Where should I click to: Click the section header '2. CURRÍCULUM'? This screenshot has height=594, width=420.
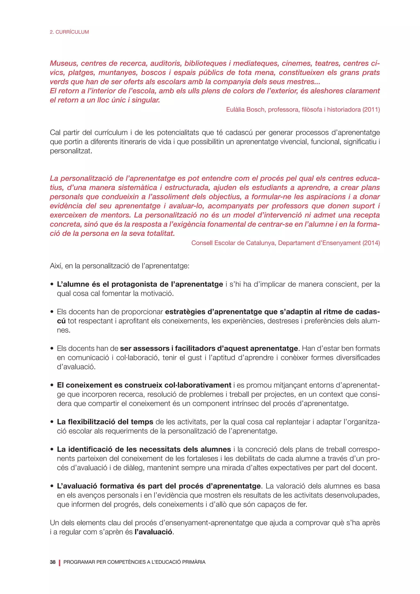(x=69, y=32)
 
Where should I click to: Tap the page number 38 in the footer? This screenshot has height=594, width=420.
(x=52, y=562)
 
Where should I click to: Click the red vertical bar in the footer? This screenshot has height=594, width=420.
(x=59, y=562)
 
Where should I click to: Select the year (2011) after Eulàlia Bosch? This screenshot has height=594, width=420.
(x=371, y=110)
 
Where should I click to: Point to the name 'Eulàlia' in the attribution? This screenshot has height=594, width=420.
(x=235, y=110)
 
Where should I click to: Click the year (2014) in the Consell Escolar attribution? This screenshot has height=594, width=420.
(x=371, y=243)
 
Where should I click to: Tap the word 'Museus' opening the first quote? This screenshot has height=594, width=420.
(x=64, y=63)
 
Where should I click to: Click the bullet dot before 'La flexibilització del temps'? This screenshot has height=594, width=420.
(x=52, y=422)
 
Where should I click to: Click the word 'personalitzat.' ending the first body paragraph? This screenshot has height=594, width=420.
(x=71, y=151)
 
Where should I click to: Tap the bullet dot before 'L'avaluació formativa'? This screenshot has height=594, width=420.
(x=52, y=486)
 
